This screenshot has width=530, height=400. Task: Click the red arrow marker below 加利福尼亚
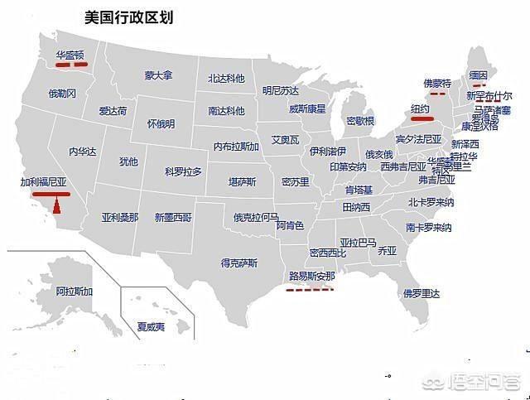point(56,203)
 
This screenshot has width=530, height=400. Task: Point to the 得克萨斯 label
point(239,263)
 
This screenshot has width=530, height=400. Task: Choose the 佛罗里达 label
point(422,292)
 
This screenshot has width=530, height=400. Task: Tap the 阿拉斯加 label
point(75,292)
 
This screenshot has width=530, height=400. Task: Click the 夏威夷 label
point(152,326)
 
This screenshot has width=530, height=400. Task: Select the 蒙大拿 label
point(158,75)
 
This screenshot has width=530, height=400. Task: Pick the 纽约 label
point(420,109)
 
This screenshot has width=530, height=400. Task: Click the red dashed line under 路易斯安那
point(307,289)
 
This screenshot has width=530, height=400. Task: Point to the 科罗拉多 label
point(183,171)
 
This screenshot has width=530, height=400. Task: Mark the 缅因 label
point(478,75)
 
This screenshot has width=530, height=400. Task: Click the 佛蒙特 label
point(436,84)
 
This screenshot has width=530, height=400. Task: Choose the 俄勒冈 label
point(62,94)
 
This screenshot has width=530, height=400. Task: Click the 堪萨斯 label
point(243,181)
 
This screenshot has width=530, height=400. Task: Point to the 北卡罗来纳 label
point(431,202)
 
